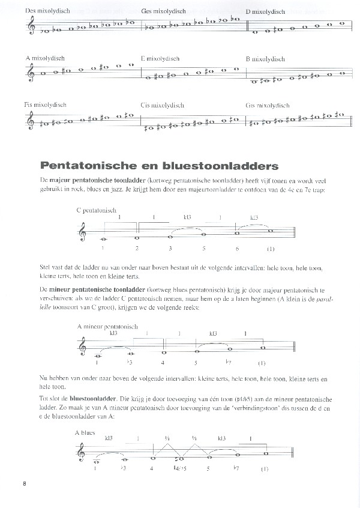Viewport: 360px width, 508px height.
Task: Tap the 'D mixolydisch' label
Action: coord(268,11)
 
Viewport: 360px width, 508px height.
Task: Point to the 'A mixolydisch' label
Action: coord(46,58)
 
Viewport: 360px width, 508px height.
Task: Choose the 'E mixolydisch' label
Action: coord(161,59)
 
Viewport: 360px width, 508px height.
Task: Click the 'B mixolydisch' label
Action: coord(265,59)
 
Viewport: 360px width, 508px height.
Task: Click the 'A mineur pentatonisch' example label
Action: coord(107,327)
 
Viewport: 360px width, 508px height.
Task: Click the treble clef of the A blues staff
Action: coord(83,452)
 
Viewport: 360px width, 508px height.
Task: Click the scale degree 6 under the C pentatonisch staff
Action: coord(238,247)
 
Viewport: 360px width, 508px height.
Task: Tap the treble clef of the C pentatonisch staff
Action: coord(83,231)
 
